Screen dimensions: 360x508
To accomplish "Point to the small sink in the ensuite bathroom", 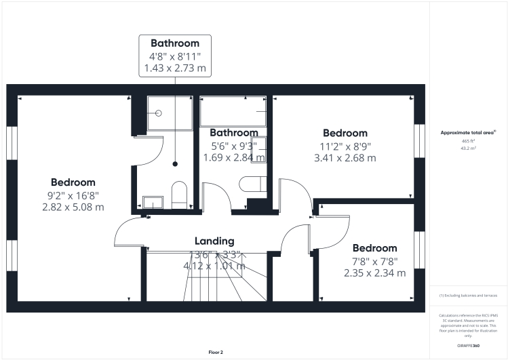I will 153,202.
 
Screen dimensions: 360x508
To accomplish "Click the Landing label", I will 214,241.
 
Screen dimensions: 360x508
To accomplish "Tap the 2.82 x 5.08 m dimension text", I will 73,207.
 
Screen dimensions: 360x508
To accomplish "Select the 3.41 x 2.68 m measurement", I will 345,158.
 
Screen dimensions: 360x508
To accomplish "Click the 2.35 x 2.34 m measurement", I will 374,273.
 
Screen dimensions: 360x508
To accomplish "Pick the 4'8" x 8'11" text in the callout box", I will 174,56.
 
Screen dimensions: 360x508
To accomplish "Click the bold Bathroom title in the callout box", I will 174,43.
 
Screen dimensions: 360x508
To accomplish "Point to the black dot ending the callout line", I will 175,163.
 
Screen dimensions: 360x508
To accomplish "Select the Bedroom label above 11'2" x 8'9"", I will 345,133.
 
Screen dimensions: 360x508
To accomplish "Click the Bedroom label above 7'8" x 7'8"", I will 374,248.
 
